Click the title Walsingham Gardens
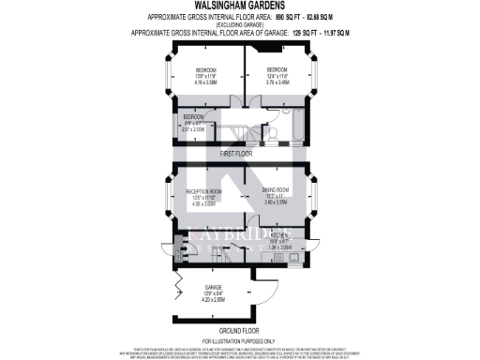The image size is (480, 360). coord(239,8)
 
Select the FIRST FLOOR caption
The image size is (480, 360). coord(237,152)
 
